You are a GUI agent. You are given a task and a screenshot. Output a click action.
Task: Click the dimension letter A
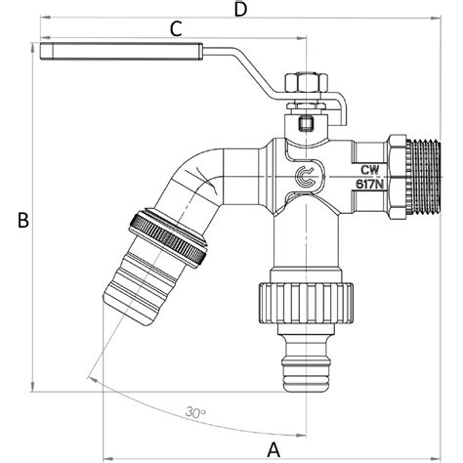(274, 450)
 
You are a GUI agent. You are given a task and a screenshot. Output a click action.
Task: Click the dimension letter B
(23, 220)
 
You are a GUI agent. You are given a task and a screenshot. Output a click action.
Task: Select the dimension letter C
(176, 29)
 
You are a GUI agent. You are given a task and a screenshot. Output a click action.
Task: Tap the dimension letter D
(241, 10)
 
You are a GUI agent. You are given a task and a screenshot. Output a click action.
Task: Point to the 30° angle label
(195, 412)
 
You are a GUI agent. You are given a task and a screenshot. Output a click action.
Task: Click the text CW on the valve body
(370, 170)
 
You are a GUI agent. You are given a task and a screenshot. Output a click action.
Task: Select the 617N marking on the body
(369, 185)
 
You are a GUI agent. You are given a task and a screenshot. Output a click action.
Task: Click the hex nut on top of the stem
(306, 83)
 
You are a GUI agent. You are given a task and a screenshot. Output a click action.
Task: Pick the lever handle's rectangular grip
(122, 52)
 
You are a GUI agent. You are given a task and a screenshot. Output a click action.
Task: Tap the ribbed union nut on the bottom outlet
(306, 304)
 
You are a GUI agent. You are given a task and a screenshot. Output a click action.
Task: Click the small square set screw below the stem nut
(306, 124)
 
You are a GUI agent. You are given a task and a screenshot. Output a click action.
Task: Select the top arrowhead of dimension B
(32, 48)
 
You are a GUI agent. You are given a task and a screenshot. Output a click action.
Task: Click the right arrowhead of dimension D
(437, 19)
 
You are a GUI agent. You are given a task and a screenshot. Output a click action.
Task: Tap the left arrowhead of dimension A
(107, 457)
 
